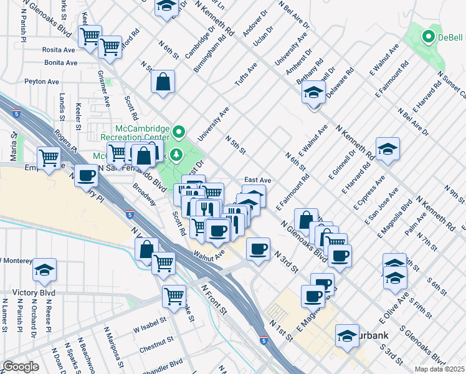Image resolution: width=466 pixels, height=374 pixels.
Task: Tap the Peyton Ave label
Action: pos(42,82)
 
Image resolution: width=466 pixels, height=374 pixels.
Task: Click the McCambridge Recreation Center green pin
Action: pos(179,132)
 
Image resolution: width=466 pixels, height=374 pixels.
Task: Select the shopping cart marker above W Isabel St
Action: pos(174,295)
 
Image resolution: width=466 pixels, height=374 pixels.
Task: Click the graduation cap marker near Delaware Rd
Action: pos(313,93)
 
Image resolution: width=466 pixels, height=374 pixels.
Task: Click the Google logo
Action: pos(21,367)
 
